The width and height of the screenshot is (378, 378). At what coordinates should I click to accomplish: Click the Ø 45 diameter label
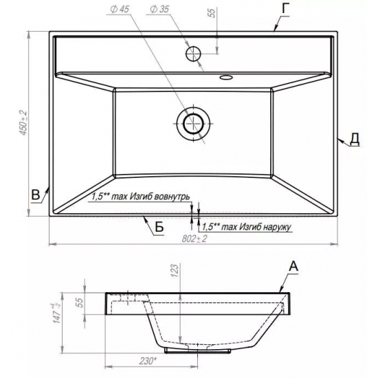click(x=120, y=9)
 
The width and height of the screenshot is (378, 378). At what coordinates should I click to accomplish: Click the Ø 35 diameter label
click(x=159, y=9)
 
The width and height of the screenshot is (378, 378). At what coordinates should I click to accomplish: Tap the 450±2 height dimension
click(x=23, y=122)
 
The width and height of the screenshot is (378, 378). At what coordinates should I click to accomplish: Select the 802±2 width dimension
click(x=194, y=238)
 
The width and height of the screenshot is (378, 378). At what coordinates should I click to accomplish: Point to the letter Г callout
click(x=285, y=10)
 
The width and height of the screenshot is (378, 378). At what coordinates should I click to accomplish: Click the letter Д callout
click(x=355, y=140)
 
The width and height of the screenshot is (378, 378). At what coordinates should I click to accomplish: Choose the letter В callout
click(x=36, y=194)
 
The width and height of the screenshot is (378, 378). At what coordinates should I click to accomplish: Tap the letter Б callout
click(x=159, y=227)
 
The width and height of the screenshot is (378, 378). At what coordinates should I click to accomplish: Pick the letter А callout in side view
click(x=293, y=267)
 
